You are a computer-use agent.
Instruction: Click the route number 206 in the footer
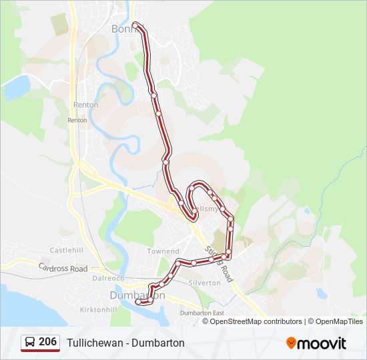tap(47, 342)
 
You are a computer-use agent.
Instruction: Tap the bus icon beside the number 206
tap(30, 343)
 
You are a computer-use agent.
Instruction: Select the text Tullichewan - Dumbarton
tap(125, 343)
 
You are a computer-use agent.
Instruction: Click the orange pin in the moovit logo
tap(292, 343)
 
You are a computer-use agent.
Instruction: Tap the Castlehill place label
tap(67, 250)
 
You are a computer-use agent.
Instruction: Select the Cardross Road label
tap(63, 269)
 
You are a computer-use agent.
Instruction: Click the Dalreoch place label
tap(109, 278)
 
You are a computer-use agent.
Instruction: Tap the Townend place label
tap(163, 251)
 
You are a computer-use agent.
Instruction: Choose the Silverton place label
tap(205, 283)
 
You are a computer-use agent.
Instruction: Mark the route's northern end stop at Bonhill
tap(136, 25)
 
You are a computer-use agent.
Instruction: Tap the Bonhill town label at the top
tap(123, 29)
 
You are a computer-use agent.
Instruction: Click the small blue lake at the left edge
tap(16, 86)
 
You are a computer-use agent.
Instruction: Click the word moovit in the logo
tap(322, 343)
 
